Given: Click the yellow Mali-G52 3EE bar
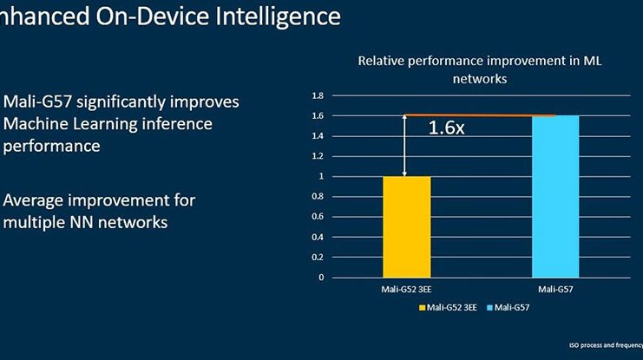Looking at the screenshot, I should pyautogui.click(x=407, y=226).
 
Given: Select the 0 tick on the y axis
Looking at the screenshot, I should pyautogui.click(x=320, y=278).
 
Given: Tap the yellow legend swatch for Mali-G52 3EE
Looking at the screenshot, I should pyautogui.click(x=423, y=308).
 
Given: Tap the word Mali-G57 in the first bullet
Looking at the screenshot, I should pyautogui.click(x=36, y=102).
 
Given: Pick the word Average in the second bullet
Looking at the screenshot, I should pyautogui.click(x=36, y=200).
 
